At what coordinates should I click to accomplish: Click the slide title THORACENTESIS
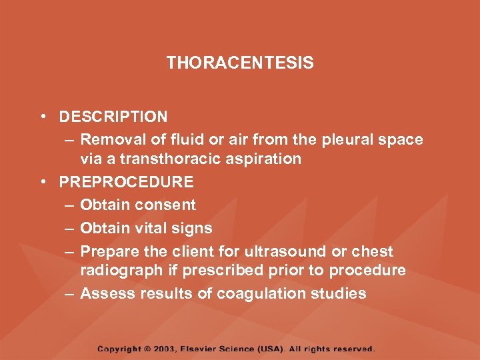tap(240, 63)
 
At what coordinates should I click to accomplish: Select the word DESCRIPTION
tap(113, 117)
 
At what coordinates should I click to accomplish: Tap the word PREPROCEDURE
tap(126, 182)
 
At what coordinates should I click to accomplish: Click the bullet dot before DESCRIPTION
tap(43, 117)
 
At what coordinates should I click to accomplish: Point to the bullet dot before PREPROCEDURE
tap(43, 182)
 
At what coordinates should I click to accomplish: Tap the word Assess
tap(104, 294)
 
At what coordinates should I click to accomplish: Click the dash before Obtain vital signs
tap(69, 229)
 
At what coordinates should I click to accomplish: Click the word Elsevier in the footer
tap(211, 349)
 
